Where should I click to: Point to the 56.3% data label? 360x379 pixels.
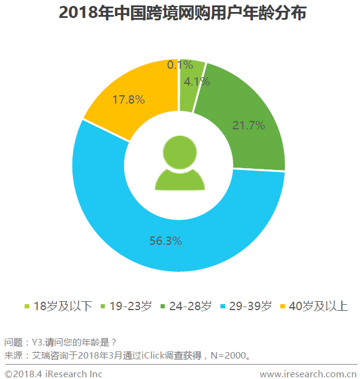point(166,241)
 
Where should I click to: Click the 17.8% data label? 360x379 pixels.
point(129,100)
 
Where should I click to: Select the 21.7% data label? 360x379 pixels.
point(248,126)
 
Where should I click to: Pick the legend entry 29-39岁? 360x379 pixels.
point(250,307)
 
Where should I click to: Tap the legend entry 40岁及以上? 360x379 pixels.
point(318,307)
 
